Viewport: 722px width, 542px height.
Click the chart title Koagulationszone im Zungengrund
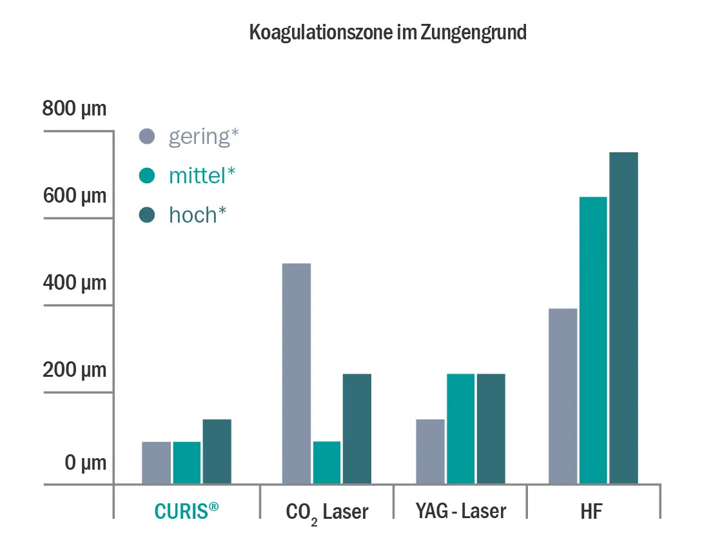[387, 33]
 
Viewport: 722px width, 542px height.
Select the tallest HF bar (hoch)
[623, 318]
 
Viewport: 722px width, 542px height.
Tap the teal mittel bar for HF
[593, 340]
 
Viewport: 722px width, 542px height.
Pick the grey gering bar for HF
[563, 396]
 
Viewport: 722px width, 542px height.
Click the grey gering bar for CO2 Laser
[297, 374]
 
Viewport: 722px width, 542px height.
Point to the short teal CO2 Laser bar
[327, 463]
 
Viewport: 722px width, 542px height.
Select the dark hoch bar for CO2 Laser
[357, 428]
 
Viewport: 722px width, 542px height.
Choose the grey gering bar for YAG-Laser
[430, 452]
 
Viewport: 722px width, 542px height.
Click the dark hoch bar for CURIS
[217, 452]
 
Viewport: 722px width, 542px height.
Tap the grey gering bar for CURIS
[156, 463]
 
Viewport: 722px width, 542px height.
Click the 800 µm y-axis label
[74, 109]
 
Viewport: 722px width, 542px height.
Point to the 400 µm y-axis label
[74, 283]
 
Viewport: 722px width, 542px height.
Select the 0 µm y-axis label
[85, 463]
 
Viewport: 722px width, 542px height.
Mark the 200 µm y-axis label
[74, 371]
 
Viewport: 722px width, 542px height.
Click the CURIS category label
[187, 511]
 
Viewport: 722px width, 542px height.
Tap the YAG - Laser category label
[461, 511]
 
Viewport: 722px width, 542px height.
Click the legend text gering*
[204, 137]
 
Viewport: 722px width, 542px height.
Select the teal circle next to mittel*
[147, 176]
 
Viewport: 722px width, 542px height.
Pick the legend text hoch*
[197, 215]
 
